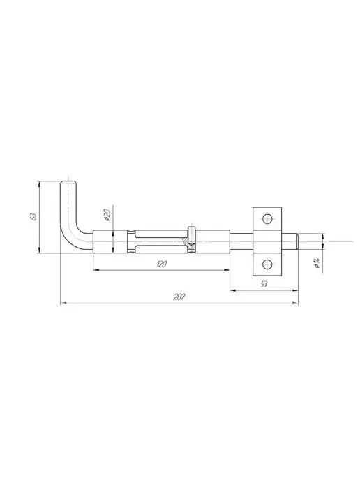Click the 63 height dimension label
click(x=34, y=216)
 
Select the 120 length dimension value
click(x=161, y=264)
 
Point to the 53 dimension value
click(x=264, y=285)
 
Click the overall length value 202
click(x=179, y=297)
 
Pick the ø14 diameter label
click(x=317, y=263)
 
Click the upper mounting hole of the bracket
click(x=267, y=219)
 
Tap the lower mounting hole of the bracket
click(x=267, y=264)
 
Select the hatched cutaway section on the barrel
click(x=189, y=243)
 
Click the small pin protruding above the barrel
click(x=192, y=234)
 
